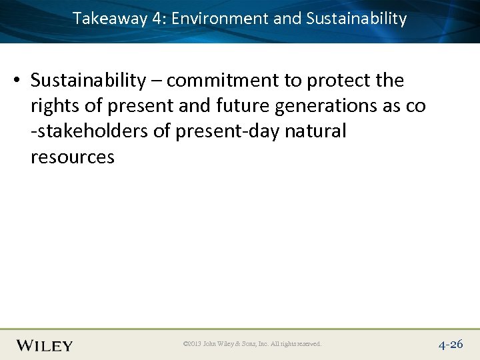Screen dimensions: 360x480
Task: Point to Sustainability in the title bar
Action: pos(356,19)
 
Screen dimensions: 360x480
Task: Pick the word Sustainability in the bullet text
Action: pos(88,81)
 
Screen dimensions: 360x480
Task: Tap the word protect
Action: pos(340,81)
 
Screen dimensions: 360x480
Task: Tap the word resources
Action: pos(72,157)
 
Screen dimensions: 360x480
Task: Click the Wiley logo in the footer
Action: pos(45,345)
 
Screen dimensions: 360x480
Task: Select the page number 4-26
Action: pos(451,345)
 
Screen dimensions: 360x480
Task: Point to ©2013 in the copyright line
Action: pos(191,345)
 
